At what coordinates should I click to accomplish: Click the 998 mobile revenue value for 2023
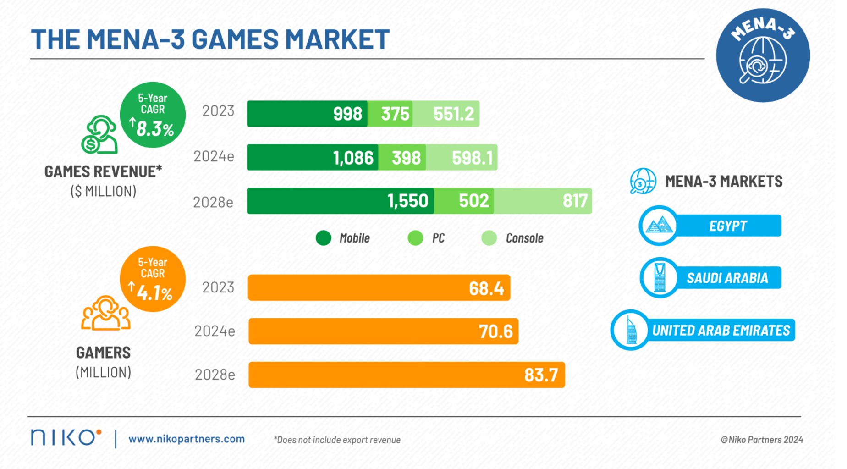click(x=347, y=114)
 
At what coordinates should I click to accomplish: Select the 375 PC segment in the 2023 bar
click(x=395, y=114)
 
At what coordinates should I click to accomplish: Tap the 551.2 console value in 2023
click(x=453, y=114)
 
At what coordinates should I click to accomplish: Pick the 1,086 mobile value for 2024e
click(x=353, y=158)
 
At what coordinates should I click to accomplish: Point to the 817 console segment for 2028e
click(x=575, y=201)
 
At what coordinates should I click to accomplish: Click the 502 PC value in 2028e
click(x=473, y=201)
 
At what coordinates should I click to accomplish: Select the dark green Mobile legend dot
click(x=324, y=238)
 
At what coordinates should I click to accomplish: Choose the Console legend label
click(x=524, y=238)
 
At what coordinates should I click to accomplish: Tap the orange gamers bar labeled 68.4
click(x=379, y=288)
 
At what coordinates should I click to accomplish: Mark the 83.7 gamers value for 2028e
click(x=541, y=375)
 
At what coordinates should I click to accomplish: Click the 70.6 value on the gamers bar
click(x=495, y=331)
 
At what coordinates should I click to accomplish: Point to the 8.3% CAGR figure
click(x=155, y=129)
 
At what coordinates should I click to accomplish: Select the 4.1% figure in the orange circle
click(x=154, y=293)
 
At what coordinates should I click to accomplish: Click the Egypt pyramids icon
click(x=659, y=226)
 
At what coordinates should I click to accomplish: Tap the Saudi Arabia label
click(x=727, y=278)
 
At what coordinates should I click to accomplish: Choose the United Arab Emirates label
click(x=720, y=330)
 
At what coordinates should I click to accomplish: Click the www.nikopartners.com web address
click(x=187, y=439)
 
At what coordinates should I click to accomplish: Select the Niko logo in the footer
click(x=66, y=437)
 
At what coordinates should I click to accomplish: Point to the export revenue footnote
click(x=337, y=440)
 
